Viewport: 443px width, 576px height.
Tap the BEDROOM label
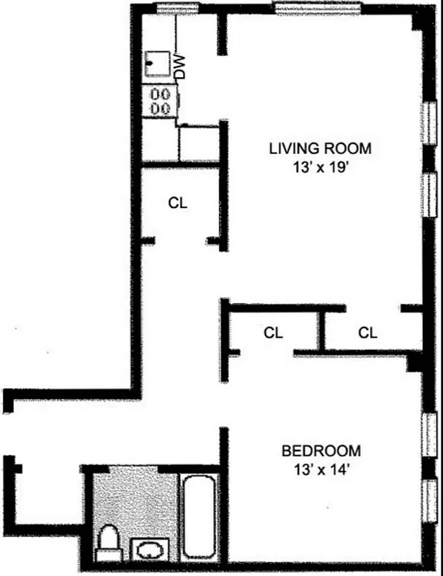321,451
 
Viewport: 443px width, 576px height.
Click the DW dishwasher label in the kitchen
180,67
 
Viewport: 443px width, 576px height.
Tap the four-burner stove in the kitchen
159,101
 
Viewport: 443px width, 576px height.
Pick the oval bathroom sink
150,551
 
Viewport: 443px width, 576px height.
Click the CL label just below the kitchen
178,203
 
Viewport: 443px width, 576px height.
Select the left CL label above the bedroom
272,333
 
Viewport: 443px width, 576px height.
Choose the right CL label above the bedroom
367,333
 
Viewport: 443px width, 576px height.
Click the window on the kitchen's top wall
173,9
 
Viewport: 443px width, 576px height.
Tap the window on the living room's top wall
303,9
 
